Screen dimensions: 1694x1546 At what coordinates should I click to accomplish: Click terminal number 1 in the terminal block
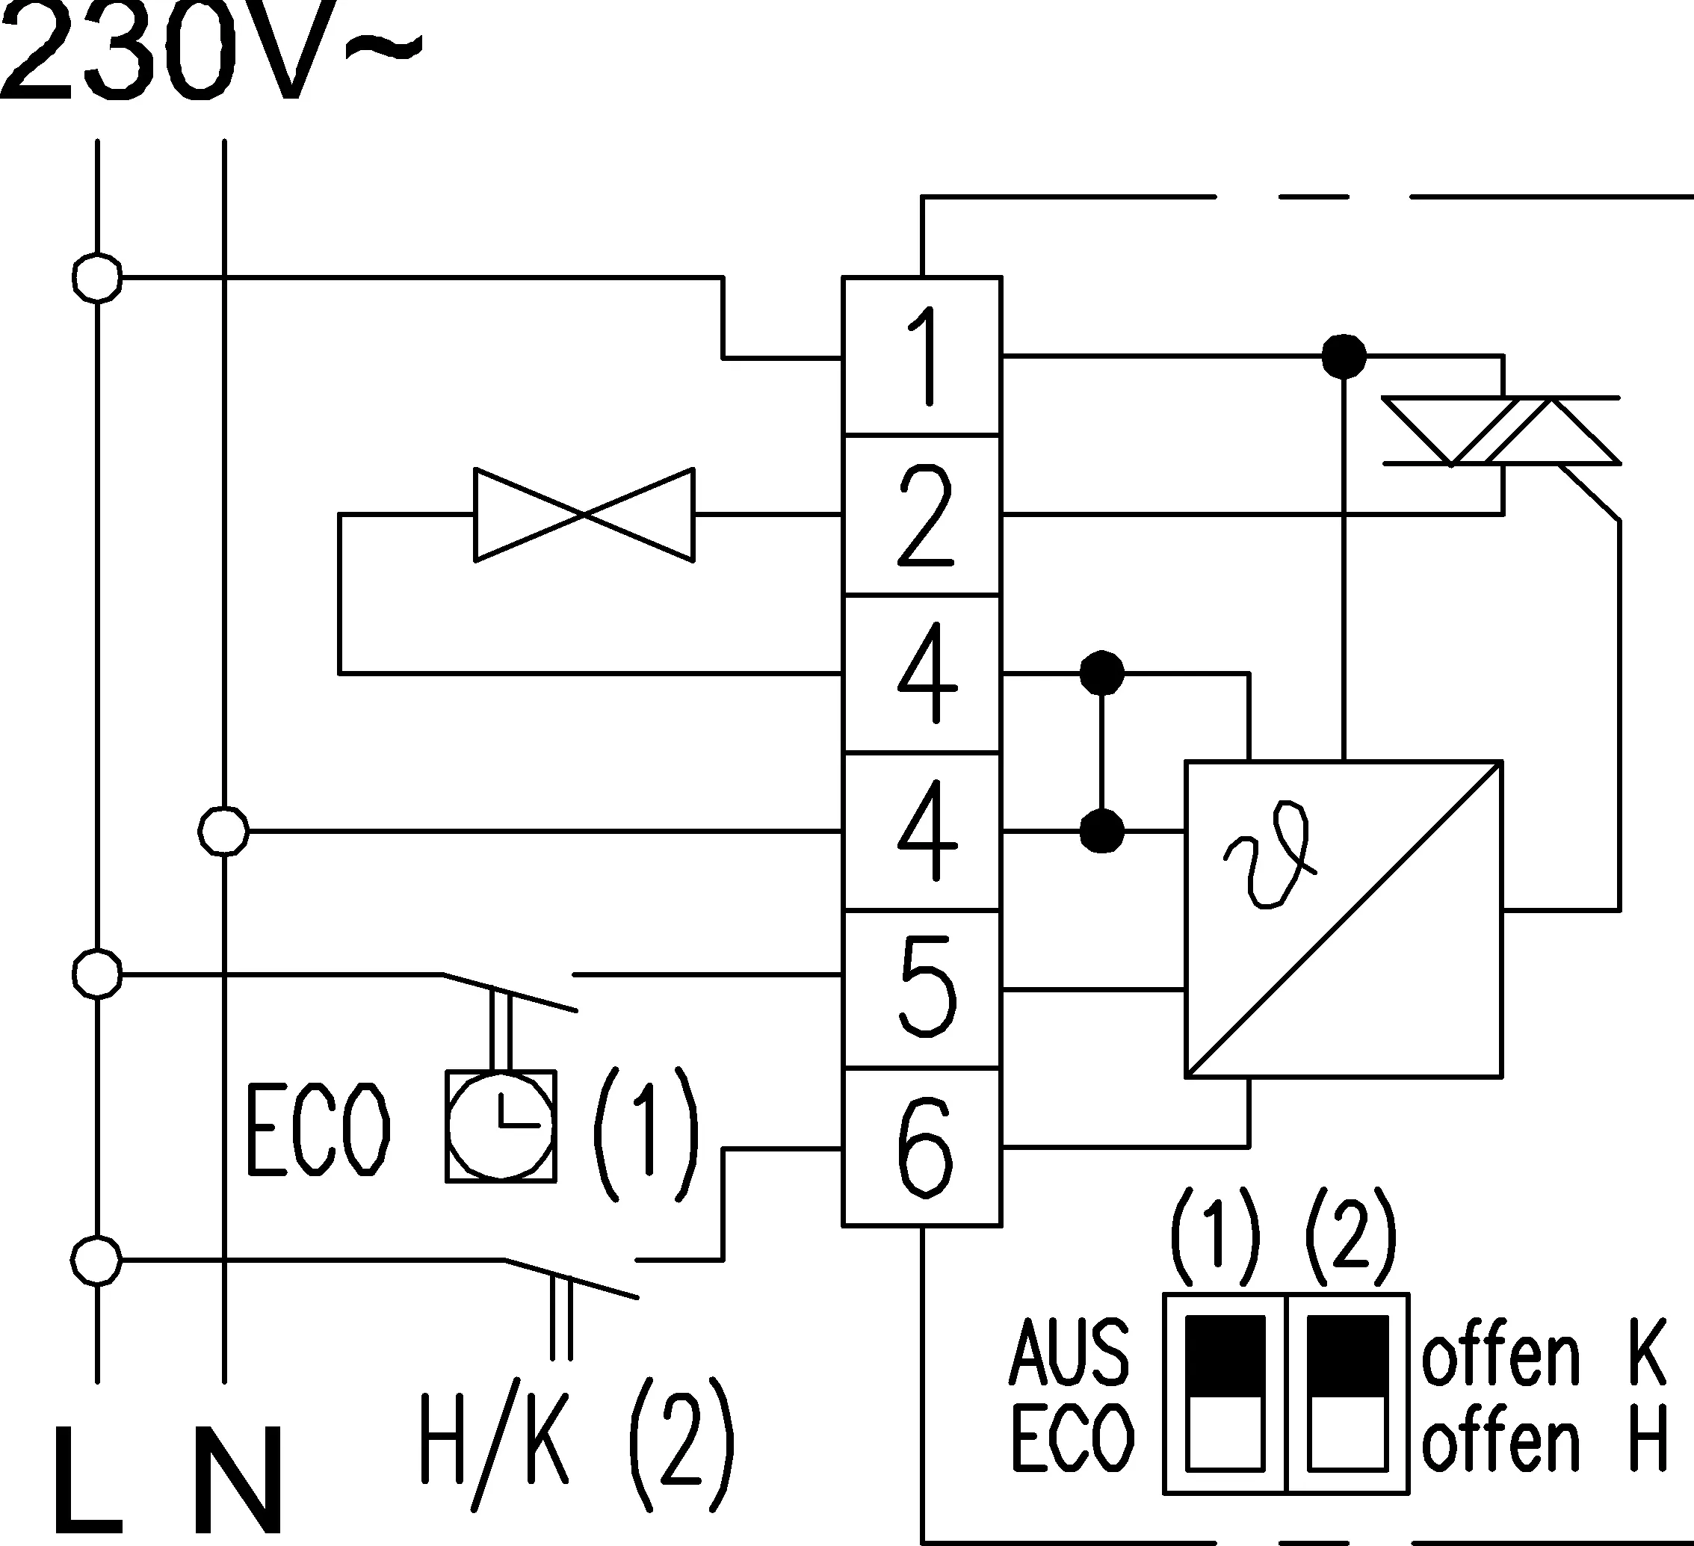pyautogui.click(x=922, y=356)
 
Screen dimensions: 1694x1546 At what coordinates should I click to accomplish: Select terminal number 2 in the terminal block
pyautogui.click(x=922, y=514)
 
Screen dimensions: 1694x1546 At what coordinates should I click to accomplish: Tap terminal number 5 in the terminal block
pyautogui.click(x=922, y=989)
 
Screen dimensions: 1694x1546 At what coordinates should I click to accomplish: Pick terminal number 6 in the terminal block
pyautogui.click(x=922, y=1147)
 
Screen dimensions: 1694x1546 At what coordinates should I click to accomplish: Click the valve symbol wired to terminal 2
pyautogui.click(x=584, y=514)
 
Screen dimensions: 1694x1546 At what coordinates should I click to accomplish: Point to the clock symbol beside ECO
pyautogui.click(x=501, y=1126)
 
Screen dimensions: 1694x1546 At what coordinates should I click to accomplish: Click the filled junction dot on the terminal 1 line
pyautogui.click(x=1344, y=356)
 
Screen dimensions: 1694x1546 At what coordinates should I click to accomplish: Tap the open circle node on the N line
pyautogui.click(x=223, y=831)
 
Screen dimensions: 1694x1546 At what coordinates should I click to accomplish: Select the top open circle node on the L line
pyautogui.click(x=97, y=277)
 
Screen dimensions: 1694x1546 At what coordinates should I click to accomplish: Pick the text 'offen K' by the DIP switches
pyautogui.click(x=1544, y=1352)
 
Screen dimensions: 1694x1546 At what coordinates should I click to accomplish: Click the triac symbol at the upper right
pyautogui.click(x=1501, y=431)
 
